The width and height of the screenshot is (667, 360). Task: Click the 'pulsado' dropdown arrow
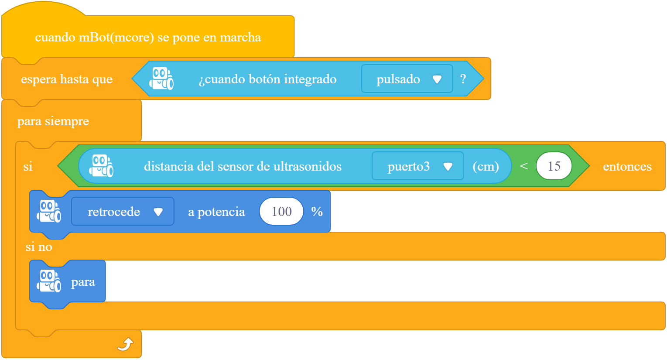437,79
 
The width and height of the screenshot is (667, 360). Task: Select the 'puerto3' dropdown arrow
448,166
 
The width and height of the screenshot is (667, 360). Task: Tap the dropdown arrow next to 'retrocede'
158,212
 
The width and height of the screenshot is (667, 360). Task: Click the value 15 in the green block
554,166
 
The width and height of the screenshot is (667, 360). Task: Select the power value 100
281,212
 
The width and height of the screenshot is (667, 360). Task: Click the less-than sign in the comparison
524,166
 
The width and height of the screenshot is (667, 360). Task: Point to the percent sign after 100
317,212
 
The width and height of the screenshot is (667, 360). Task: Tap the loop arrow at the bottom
125,345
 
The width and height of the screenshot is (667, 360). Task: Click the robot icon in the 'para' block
49,281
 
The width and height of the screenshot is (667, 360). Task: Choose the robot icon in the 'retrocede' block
49,211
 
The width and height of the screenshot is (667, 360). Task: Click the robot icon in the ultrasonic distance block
101,166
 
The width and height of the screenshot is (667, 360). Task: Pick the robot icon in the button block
161,79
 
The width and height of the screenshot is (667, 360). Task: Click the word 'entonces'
627,166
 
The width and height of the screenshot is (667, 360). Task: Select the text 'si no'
39,247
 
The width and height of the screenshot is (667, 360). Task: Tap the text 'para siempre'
53,121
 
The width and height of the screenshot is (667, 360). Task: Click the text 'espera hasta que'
67,79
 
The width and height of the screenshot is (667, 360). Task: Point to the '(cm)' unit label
486,166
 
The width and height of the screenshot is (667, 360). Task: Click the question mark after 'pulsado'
463,79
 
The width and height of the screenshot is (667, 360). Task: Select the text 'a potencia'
216,212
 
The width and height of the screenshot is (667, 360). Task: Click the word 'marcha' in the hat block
240,37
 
